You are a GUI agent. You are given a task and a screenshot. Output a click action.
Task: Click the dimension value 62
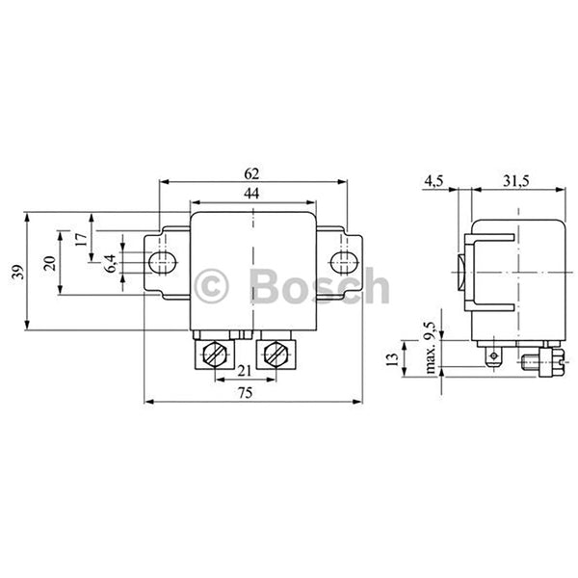point(252,174)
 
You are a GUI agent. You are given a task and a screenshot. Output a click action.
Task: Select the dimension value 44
point(251,196)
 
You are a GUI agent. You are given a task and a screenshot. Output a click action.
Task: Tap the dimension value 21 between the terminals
point(245,372)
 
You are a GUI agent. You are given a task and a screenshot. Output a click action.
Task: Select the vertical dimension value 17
point(81,238)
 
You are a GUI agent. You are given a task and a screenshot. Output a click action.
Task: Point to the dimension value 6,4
point(111,261)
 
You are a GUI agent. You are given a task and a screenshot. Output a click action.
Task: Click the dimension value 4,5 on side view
point(433,182)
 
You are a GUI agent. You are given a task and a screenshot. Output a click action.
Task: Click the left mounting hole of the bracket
point(161,261)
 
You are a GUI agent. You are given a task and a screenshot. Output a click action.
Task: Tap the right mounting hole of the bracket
point(341,261)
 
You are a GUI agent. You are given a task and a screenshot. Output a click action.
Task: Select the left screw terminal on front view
point(215,355)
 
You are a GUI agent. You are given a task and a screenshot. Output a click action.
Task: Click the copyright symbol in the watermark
point(211,287)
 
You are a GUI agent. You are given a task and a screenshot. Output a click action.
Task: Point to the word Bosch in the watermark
point(319,287)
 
